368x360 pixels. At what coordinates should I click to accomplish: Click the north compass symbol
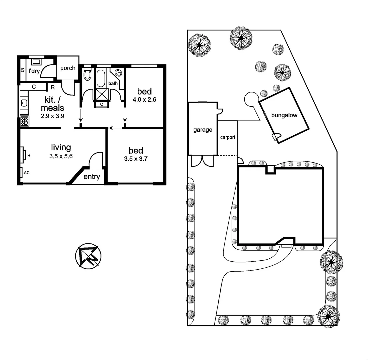click(88, 256)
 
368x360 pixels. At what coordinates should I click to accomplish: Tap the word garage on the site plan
click(203, 130)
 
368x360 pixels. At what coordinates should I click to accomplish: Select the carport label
click(228, 137)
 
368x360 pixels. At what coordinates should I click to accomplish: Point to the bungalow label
click(284, 116)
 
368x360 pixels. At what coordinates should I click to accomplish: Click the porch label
click(68, 68)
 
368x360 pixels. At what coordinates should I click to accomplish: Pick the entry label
click(92, 177)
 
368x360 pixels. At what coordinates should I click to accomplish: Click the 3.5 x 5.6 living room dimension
click(61, 155)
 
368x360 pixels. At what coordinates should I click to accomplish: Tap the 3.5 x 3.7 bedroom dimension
click(135, 159)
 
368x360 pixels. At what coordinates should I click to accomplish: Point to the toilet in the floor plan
click(87, 74)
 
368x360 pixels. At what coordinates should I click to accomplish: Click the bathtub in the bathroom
click(101, 78)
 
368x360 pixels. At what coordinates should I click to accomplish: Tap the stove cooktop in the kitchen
click(24, 121)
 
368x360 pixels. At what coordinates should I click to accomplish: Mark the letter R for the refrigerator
click(53, 87)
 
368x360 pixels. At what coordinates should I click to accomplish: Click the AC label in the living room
click(26, 173)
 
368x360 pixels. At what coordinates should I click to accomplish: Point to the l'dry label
click(34, 71)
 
